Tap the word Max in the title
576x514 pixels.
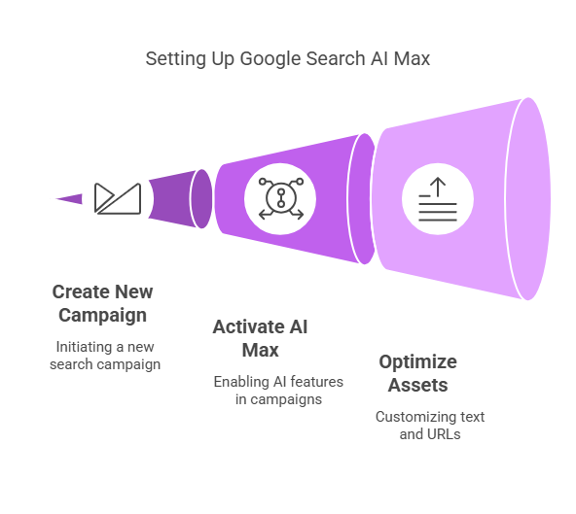(412, 58)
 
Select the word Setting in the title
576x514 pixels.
(175, 59)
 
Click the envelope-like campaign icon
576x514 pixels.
(118, 198)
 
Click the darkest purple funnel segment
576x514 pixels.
(180, 198)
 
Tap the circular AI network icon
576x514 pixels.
(280, 198)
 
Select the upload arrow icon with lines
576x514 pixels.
(438, 199)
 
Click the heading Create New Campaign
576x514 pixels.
(102, 304)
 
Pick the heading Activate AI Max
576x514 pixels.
(260, 338)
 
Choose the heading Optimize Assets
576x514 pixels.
(418, 373)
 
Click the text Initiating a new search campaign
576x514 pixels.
(105, 356)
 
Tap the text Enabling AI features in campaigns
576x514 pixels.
(278, 391)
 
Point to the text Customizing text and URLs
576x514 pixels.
(430, 426)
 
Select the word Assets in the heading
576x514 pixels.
(418, 385)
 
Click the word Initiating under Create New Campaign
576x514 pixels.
(84, 348)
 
